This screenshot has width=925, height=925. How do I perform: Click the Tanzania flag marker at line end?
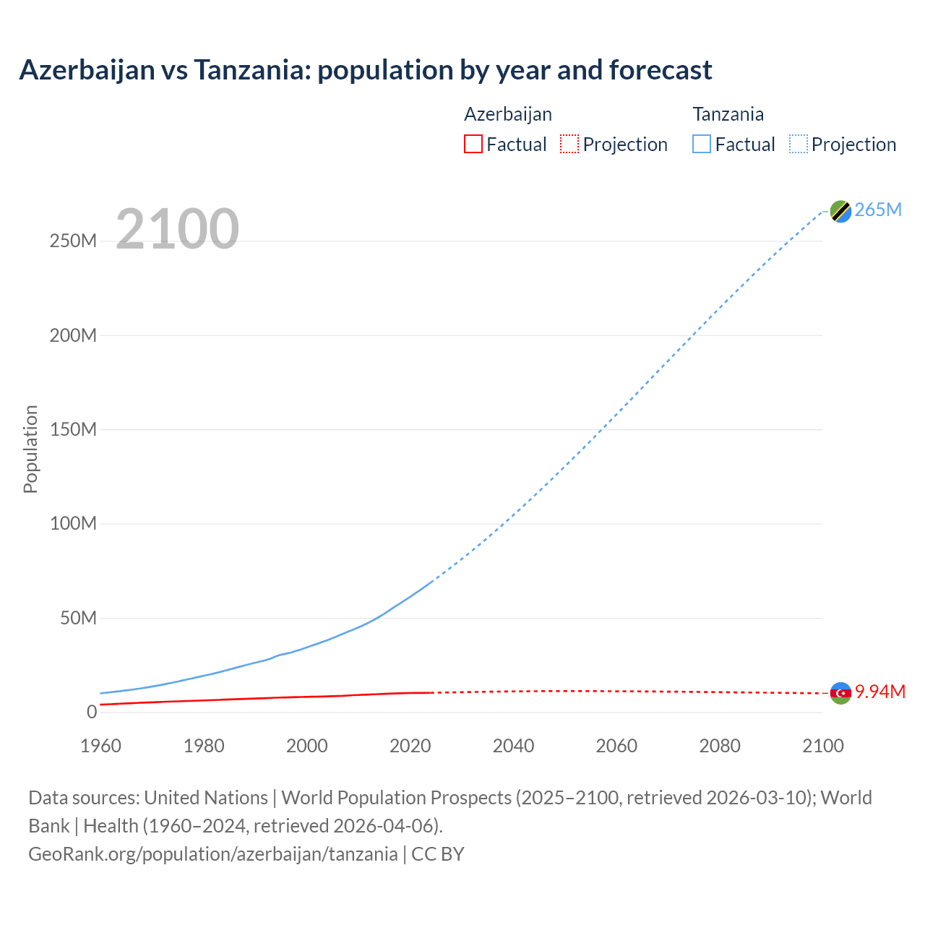[x=840, y=211]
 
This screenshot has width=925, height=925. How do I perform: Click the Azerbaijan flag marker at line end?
[x=840, y=693]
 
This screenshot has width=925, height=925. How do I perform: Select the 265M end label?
[x=878, y=210]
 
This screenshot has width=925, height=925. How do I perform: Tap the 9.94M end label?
[x=880, y=692]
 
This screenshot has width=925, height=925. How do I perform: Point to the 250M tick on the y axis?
[x=73, y=241]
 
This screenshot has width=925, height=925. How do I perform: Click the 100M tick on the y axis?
[x=73, y=524]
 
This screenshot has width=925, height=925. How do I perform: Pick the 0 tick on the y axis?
[x=91, y=713]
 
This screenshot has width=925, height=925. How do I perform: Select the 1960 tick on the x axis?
[x=100, y=746]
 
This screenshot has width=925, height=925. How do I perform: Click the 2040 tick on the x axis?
[x=513, y=746]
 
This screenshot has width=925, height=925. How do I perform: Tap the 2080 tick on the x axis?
[x=720, y=746]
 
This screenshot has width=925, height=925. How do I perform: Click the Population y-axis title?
[x=30, y=449]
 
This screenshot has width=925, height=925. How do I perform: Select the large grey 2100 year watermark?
[x=177, y=229]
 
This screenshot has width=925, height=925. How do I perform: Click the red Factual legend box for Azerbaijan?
[x=473, y=144]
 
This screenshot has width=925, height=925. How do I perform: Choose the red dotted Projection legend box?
[x=569, y=144]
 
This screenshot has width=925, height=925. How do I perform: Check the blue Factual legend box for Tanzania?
[x=702, y=144]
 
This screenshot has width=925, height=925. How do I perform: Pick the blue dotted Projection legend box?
[x=799, y=144]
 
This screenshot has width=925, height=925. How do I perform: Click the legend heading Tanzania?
[x=728, y=114]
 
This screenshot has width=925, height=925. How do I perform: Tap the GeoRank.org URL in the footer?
[x=212, y=854]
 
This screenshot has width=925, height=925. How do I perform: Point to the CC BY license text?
[x=438, y=854]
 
